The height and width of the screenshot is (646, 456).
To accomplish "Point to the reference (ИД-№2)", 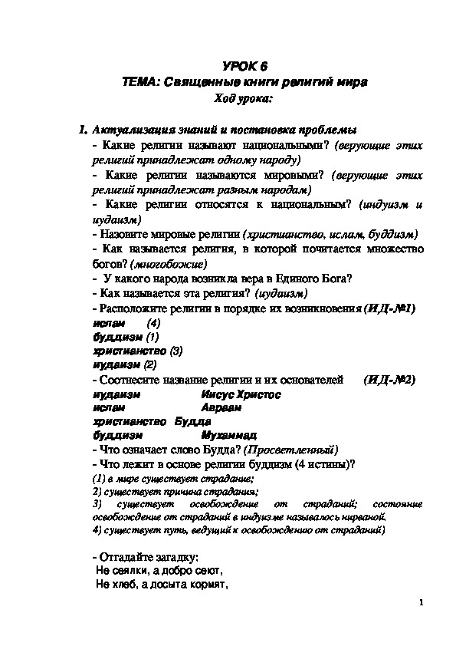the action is pyautogui.click(x=389, y=380).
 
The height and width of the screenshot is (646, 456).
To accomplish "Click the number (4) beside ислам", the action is pyautogui.click(x=153, y=323).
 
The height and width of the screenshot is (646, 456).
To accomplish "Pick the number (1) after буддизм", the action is pyautogui.click(x=152, y=337).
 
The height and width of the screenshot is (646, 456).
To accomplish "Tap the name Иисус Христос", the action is pyautogui.click(x=241, y=394).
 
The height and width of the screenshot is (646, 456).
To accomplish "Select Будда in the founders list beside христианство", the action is pyautogui.click(x=192, y=422).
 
